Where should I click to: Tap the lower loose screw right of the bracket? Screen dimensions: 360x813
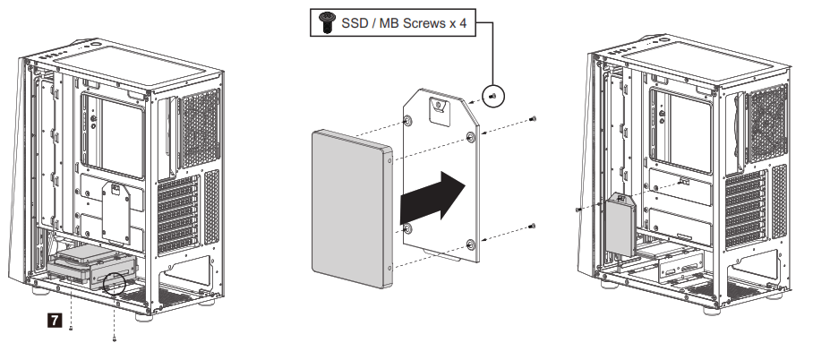533,227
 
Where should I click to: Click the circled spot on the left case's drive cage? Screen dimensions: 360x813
115,286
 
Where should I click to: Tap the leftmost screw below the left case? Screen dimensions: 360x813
71,328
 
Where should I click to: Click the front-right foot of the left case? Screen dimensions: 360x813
144,315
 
